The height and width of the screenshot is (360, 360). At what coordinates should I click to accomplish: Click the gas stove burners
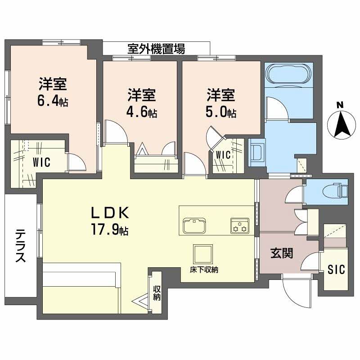[239, 225]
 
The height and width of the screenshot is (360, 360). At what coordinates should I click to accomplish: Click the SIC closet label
[336, 270]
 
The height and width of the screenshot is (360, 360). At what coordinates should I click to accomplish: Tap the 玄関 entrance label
[282, 253]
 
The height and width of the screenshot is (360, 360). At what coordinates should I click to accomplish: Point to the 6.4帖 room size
[53, 100]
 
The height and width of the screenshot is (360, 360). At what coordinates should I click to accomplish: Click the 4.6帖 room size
[142, 112]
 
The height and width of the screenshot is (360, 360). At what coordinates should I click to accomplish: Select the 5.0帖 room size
[221, 112]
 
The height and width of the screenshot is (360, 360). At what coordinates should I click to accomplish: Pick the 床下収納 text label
[204, 270]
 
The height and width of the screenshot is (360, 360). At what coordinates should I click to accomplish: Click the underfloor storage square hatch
[203, 254]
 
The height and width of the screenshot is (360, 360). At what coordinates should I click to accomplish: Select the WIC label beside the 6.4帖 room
[41, 162]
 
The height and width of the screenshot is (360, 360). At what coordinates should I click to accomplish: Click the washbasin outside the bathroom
[257, 153]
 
